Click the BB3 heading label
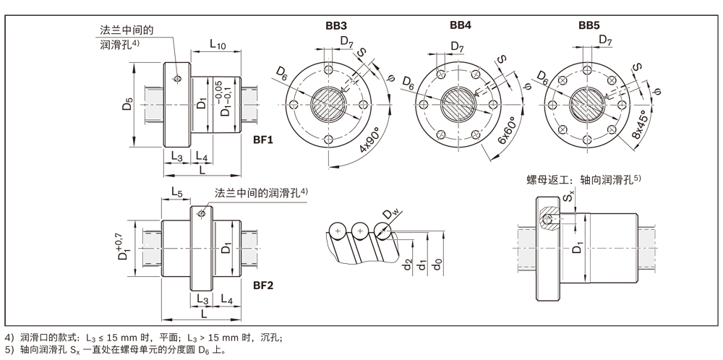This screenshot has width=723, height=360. [335, 25]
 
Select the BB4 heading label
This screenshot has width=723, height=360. [461, 25]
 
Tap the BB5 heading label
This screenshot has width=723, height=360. [589, 25]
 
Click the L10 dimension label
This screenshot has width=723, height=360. [218, 45]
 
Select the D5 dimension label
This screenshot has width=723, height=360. [128, 103]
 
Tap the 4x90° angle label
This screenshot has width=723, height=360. [370, 150]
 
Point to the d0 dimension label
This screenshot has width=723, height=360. [439, 264]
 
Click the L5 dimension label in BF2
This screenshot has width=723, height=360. [178, 192]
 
